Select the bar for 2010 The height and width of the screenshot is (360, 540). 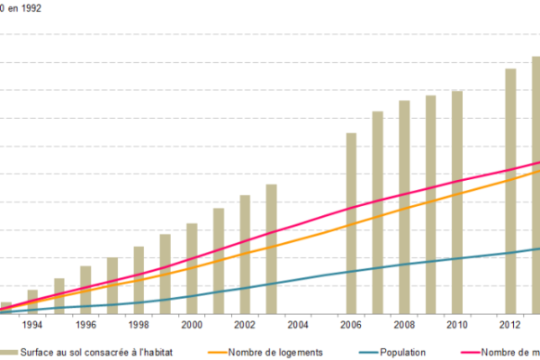(x=457, y=202)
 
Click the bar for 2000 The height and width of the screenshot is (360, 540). (x=192, y=268)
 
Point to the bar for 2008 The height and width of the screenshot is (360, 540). (x=404, y=207)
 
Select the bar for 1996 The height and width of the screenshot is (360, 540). (x=85, y=289)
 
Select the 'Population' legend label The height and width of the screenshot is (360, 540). (x=402, y=353)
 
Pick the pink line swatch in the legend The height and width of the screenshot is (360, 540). (x=463, y=353)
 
